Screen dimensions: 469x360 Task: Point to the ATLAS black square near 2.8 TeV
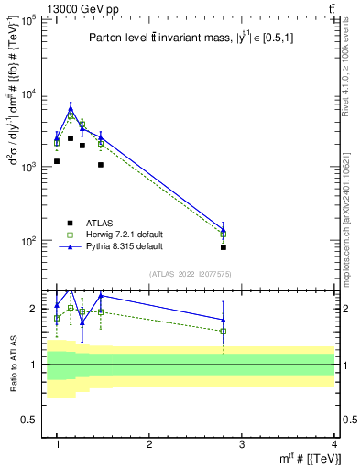click(x=224, y=247)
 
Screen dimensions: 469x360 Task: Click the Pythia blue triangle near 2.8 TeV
click(x=224, y=229)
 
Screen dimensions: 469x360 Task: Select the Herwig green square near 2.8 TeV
click(x=224, y=234)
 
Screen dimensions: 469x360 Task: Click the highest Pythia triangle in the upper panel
click(x=71, y=108)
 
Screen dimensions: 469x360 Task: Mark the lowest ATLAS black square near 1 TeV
click(x=57, y=161)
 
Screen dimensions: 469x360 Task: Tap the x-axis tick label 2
click(x=149, y=444)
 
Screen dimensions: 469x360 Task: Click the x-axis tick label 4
click(x=334, y=444)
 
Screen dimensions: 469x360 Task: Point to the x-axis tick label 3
click(x=242, y=444)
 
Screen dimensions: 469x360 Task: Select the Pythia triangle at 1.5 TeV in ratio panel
click(x=101, y=295)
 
